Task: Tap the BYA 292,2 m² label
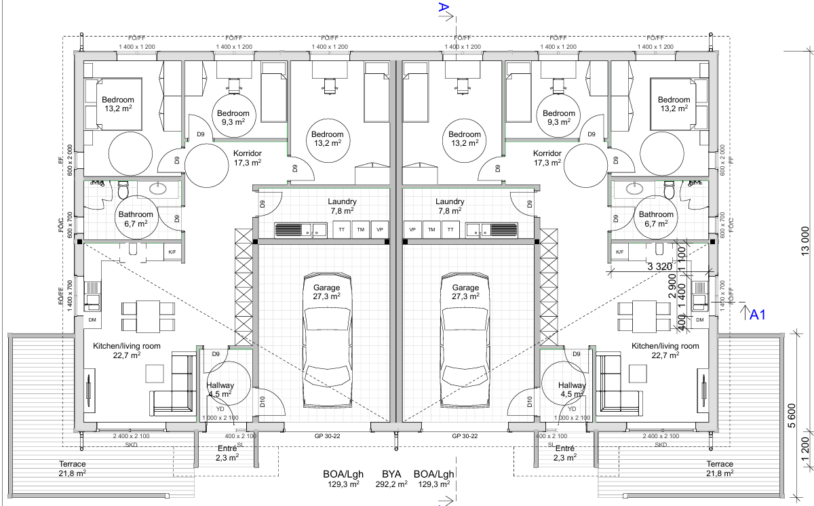391,479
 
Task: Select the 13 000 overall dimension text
805,241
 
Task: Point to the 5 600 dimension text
792,416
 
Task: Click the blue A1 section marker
757,315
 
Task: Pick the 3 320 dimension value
659,267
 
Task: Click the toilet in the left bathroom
123,191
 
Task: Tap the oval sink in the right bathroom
635,189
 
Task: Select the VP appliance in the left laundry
380,229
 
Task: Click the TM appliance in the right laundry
431,229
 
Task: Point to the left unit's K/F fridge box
172,252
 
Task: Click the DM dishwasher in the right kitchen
700,320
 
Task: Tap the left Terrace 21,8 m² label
73,469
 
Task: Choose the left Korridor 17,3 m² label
248,158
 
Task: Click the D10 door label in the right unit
530,402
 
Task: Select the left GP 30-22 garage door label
328,436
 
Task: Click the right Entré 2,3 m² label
564,453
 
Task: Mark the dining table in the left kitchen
148,316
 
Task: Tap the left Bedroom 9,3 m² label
233,118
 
